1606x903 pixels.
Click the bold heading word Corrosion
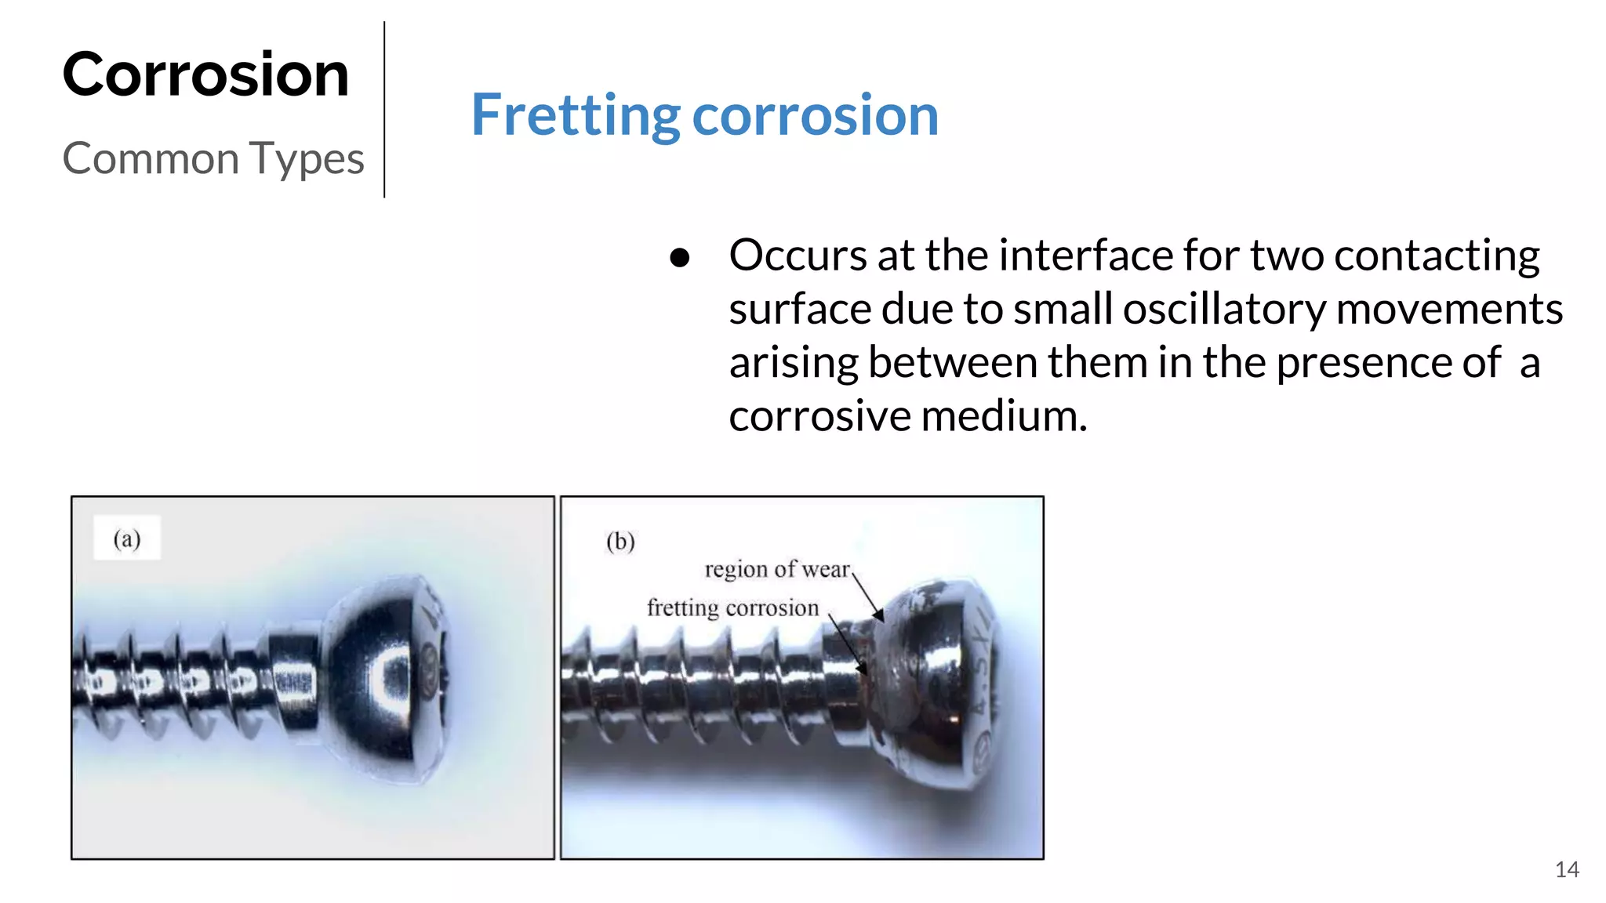click(205, 74)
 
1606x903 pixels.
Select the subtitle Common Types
click(213, 158)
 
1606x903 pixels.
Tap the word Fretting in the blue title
click(575, 115)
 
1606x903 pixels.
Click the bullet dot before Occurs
click(680, 258)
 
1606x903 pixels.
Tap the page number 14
click(1566, 869)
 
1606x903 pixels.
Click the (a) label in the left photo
click(127, 539)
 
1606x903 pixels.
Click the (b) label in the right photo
click(620, 541)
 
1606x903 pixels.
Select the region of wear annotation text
click(776, 569)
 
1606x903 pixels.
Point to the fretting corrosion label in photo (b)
click(732, 607)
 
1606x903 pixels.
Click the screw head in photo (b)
click(933, 674)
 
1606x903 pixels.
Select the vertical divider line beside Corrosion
click(384, 110)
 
